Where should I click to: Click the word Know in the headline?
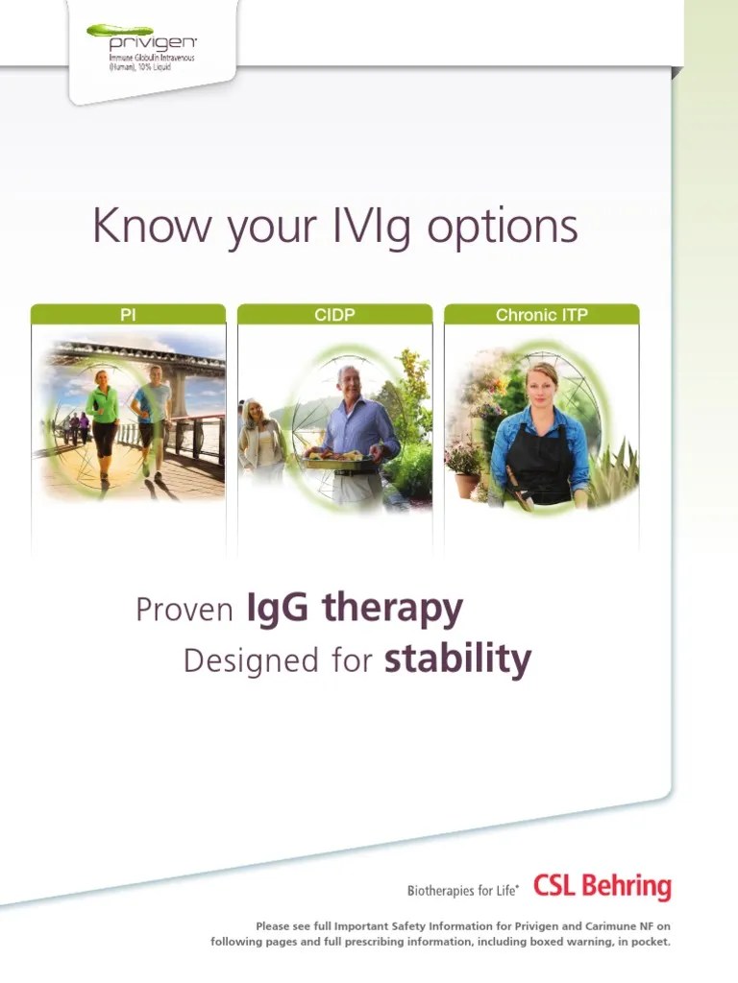point(151,225)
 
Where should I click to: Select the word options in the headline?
point(503,228)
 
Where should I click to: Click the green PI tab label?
point(128,314)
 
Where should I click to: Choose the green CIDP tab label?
point(335,314)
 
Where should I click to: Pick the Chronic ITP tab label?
point(542,314)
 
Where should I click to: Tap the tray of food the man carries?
point(333,460)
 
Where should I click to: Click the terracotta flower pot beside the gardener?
point(467,485)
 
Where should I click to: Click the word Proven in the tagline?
point(184,609)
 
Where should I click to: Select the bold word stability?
point(457,660)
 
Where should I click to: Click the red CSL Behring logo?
point(602,886)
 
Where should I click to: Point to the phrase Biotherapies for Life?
point(462,890)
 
